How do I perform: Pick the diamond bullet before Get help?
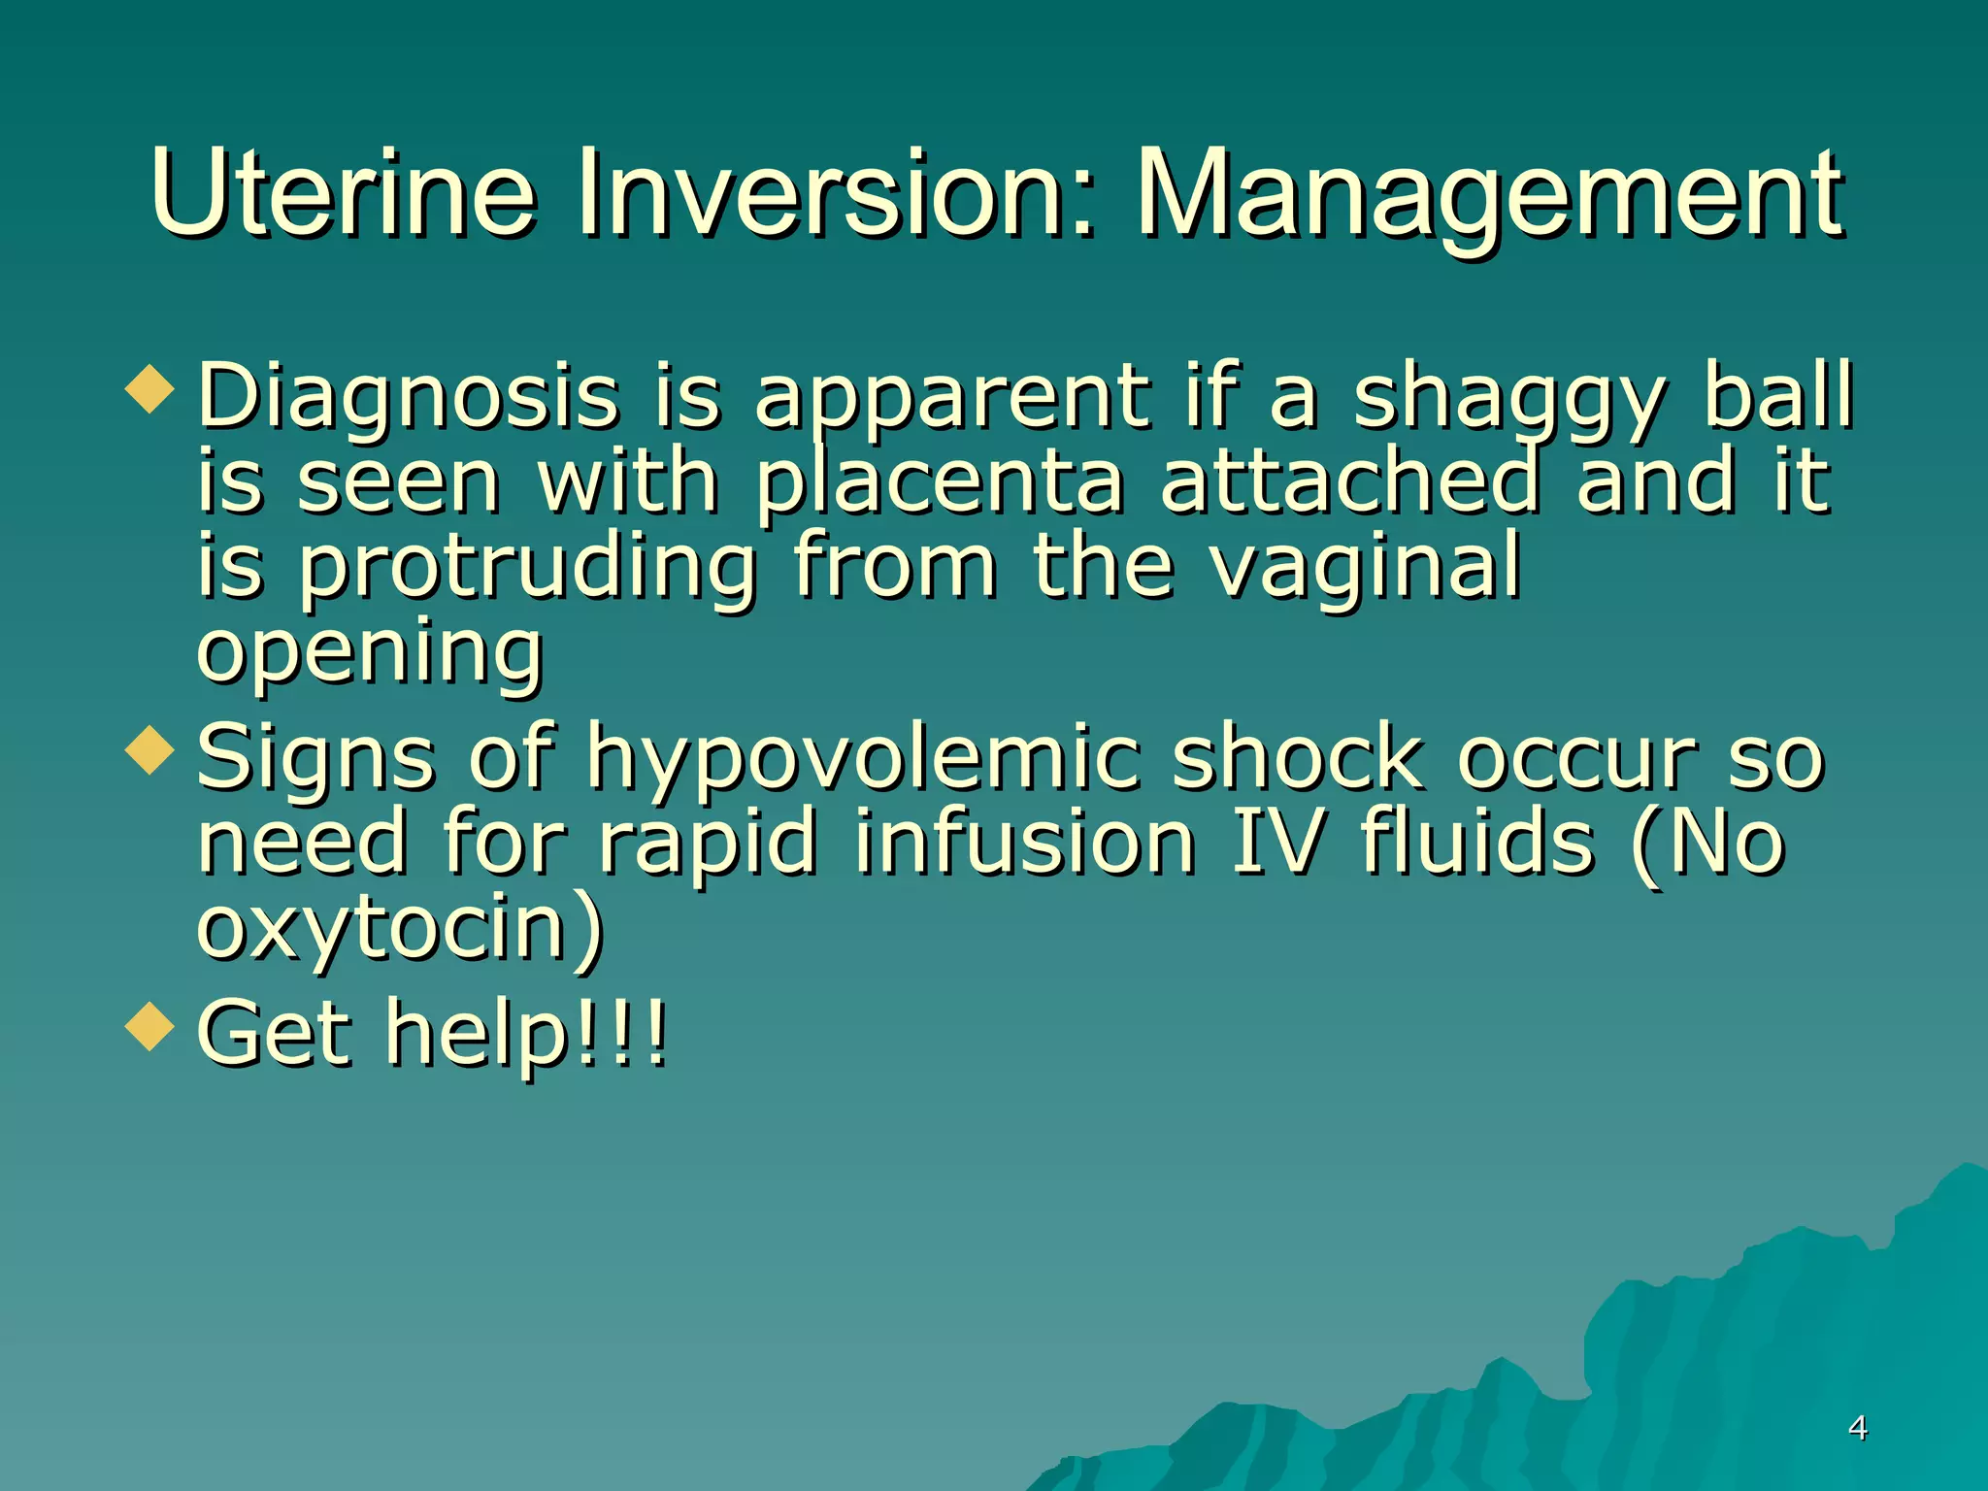(x=149, y=1027)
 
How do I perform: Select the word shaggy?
(x=1509, y=398)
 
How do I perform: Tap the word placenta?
(x=940, y=481)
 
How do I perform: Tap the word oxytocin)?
(x=400, y=926)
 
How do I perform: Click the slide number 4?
(x=1857, y=1428)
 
